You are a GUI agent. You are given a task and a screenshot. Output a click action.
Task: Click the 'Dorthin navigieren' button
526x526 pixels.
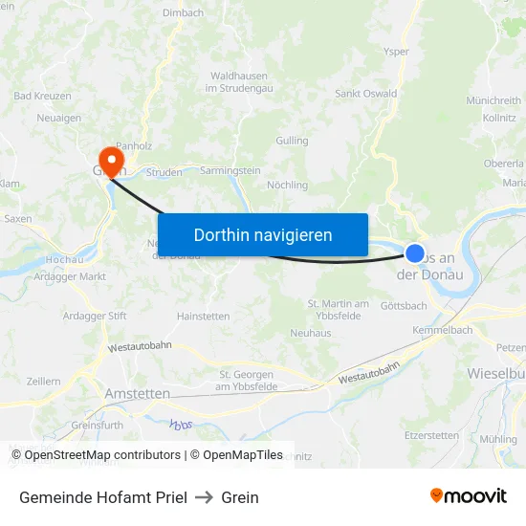pos(263,234)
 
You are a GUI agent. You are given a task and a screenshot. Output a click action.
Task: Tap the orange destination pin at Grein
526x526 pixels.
pos(112,157)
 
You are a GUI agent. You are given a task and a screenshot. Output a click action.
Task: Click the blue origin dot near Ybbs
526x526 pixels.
pos(415,253)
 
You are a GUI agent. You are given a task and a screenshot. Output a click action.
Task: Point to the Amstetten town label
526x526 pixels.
pos(138,393)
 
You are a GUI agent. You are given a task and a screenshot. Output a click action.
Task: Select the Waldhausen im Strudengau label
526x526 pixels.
pos(243,81)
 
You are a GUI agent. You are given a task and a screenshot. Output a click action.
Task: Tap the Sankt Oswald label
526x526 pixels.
pos(365,94)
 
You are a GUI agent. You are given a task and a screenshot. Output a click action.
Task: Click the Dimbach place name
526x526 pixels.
pos(184,12)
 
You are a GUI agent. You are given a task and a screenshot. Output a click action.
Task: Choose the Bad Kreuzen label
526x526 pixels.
pos(43,97)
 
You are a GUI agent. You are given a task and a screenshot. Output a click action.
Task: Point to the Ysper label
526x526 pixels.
pos(395,52)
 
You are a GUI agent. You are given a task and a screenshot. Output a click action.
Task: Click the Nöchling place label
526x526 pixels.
pos(287,185)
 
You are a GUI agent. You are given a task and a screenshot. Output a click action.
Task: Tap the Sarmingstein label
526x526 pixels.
pos(230,170)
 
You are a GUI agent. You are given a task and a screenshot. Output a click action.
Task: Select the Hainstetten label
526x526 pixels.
pos(203,316)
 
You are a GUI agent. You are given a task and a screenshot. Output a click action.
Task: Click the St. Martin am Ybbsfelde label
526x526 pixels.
pos(338,310)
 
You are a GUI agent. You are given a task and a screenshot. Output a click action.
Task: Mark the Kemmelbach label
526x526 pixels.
pos(442,330)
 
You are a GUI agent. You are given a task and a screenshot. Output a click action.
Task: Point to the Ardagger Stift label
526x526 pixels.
pos(95,316)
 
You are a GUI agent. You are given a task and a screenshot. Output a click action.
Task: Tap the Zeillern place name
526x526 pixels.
pos(44,381)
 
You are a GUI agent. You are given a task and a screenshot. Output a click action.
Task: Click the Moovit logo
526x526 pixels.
pos(469,496)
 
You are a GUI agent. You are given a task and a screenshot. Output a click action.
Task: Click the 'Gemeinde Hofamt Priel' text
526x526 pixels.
pos(102,497)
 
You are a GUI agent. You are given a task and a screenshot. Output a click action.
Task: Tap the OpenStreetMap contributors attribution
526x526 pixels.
pos(96,455)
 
